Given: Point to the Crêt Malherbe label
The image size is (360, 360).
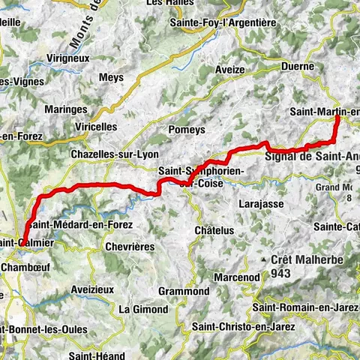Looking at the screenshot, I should pyautogui.click(x=309, y=259).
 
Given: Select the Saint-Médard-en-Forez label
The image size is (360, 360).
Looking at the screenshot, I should pyautogui.click(x=79, y=224).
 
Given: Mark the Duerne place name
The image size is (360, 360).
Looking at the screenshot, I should pyautogui.click(x=298, y=66).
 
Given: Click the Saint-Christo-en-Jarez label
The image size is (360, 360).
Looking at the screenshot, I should pyautogui.click(x=241, y=325).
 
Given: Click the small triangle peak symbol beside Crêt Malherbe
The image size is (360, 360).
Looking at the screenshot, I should pyautogui.click(x=265, y=260).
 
